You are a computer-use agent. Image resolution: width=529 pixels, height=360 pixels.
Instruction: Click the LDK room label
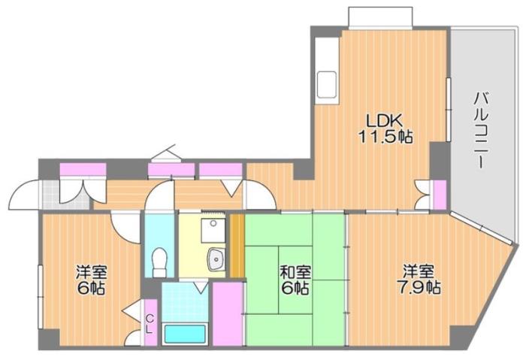[384, 119]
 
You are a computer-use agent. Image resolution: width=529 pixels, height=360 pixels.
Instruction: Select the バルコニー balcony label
[482, 129]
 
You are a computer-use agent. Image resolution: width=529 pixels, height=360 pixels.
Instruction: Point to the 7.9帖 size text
[419, 287]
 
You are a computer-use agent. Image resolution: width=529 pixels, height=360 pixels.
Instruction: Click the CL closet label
[150, 323]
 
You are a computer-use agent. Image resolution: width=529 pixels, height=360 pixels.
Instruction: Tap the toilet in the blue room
[159, 263]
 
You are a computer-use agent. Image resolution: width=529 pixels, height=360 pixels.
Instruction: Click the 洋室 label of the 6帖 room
[90, 272]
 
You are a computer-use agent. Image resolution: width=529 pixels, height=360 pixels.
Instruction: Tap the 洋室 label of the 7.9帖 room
[418, 271]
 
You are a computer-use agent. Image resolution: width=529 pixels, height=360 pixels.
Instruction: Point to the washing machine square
[213, 225]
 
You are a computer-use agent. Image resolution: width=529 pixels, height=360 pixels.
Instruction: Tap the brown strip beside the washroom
[237, 245]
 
